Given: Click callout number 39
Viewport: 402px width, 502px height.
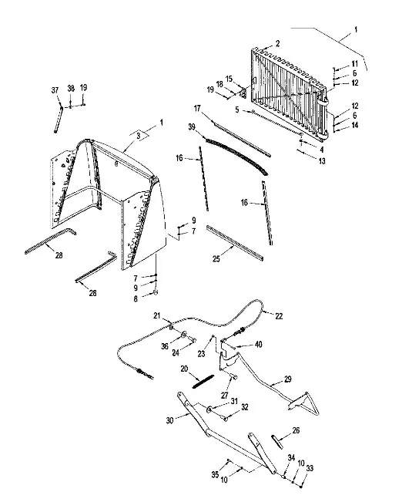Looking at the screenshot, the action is tap(192, 126).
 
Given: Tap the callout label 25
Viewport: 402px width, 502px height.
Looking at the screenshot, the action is tap(216, 258).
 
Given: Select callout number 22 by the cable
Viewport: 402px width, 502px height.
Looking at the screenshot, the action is tap(279, 316).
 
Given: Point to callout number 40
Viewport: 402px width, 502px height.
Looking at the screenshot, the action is tap(259, 344).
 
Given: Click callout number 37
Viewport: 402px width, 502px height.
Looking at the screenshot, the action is tap(55, 90).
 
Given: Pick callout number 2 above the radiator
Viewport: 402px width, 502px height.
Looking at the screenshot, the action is tap(277, 43).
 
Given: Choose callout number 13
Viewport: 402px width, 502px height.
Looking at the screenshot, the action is tap(322, 160).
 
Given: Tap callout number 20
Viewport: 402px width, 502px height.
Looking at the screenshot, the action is tap(184, 369).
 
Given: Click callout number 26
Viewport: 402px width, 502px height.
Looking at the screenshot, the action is tap(296, 430).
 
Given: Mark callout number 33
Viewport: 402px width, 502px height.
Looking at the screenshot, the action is tap(310, 468).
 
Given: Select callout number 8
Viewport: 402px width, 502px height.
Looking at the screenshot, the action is tap(136, 298).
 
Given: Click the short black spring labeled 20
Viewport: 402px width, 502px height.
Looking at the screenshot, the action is tap(203, 381).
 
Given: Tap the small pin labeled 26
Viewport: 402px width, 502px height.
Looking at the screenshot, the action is tap(277, 442).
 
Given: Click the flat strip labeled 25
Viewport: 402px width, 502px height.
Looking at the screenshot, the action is tap(235, 243).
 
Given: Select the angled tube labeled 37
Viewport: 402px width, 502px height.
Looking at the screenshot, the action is tap(59, 119).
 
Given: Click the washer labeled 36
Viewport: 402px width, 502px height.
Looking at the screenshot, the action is tap(184, 335).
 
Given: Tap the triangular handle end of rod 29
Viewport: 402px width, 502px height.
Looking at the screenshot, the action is tap(304, 403).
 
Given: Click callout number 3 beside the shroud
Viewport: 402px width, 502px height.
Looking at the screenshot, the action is tap(138, 136).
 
